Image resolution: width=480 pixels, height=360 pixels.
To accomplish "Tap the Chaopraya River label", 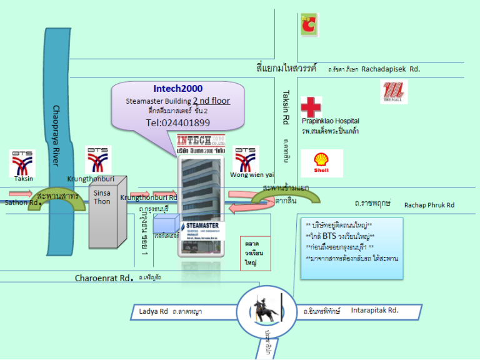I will pos(57,135).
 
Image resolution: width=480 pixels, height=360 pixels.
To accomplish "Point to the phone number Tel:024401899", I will pos(178,122).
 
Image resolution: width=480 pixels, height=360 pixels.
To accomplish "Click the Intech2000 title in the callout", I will pos(177,89).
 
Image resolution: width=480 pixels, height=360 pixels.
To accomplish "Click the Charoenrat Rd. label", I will pos(104,277).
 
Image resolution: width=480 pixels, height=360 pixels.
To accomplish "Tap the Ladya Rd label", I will pos(154,311).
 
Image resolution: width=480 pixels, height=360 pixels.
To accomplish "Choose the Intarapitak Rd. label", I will pos(374,309).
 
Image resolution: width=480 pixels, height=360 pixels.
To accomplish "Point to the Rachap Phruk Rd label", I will pos(429,204).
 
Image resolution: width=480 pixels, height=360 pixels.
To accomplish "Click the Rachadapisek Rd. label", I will pos(391,70).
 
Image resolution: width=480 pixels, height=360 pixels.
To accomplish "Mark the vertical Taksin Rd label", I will pos(285,107).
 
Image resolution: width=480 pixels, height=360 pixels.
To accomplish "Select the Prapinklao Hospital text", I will pos(330,121).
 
